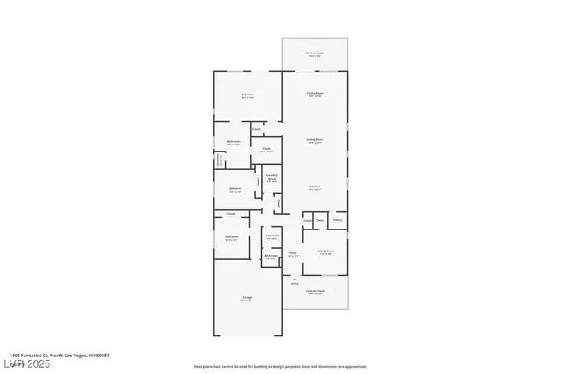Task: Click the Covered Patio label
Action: [315, 53]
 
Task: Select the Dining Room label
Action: [315, 139]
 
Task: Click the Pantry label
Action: [337, 220]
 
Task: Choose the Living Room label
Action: [328, 251]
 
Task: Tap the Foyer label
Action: [293, 253]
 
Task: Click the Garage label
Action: [247, 299]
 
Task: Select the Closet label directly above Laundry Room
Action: [266, 149]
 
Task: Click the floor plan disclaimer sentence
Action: [280, 367]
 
